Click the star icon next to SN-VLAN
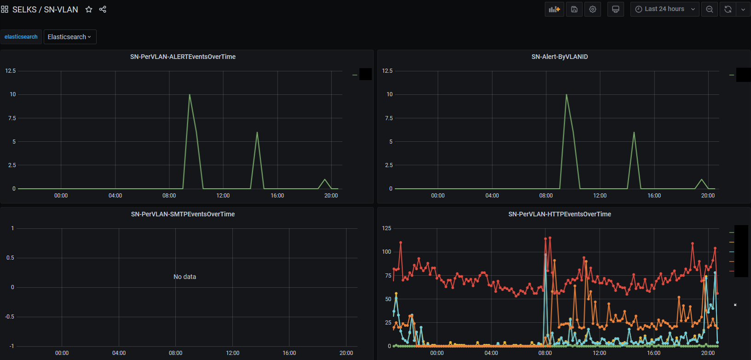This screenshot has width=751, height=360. point(89,9)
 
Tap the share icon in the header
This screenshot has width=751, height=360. point(103,9)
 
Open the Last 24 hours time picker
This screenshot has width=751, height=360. point(664,9)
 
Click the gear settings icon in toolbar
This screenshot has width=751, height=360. point(593,9)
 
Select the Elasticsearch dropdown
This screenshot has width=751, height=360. point(69,37)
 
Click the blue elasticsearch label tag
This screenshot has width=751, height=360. point(21,37)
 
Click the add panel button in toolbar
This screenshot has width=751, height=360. point(555,9)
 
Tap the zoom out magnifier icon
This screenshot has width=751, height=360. point(710,9)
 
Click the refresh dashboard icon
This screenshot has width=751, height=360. point(728,9)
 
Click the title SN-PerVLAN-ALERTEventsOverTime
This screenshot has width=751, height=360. point(183,57)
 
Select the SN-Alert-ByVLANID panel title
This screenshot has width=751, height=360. point(560,57)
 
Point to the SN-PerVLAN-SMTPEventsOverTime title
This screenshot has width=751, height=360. point(183,214)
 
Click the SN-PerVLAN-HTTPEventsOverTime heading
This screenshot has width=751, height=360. point(560,214)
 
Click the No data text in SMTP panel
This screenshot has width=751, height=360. point(185,277)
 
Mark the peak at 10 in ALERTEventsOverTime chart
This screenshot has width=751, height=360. point(190,95)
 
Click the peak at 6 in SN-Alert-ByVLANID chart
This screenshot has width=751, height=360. point(634,133)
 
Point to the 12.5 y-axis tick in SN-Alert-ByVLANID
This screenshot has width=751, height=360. point(387,71)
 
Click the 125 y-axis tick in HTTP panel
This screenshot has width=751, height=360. point(387,228)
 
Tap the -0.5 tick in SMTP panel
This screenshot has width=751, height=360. point(10,317)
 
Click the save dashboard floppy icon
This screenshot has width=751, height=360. point(574,9)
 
